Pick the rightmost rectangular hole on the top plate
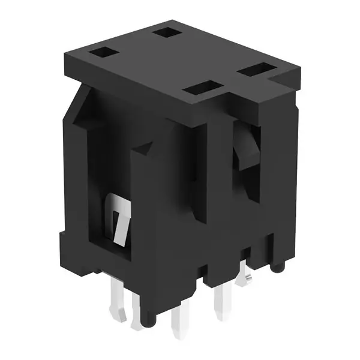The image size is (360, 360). (255, 70)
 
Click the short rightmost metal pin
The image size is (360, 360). (245, 278)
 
